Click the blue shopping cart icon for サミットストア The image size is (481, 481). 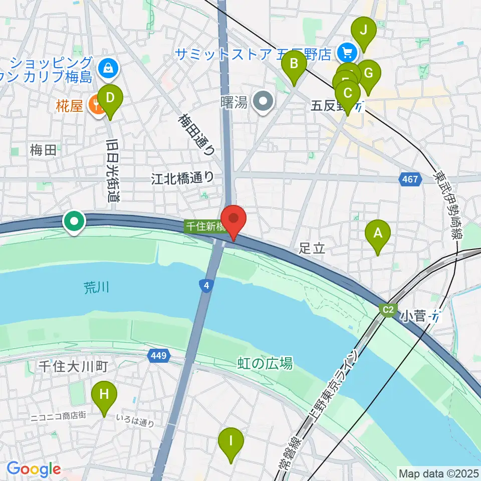[346, 52]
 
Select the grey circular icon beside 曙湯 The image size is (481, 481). [263, 103]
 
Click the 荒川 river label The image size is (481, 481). [96, 287]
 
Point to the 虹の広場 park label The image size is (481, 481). [265, 363]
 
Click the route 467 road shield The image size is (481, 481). [409, 179]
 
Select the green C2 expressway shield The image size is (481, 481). [388, 310]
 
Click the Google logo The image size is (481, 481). [34, 469]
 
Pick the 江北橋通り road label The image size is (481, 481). [183, 178]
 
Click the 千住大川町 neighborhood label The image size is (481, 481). [73, 366]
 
